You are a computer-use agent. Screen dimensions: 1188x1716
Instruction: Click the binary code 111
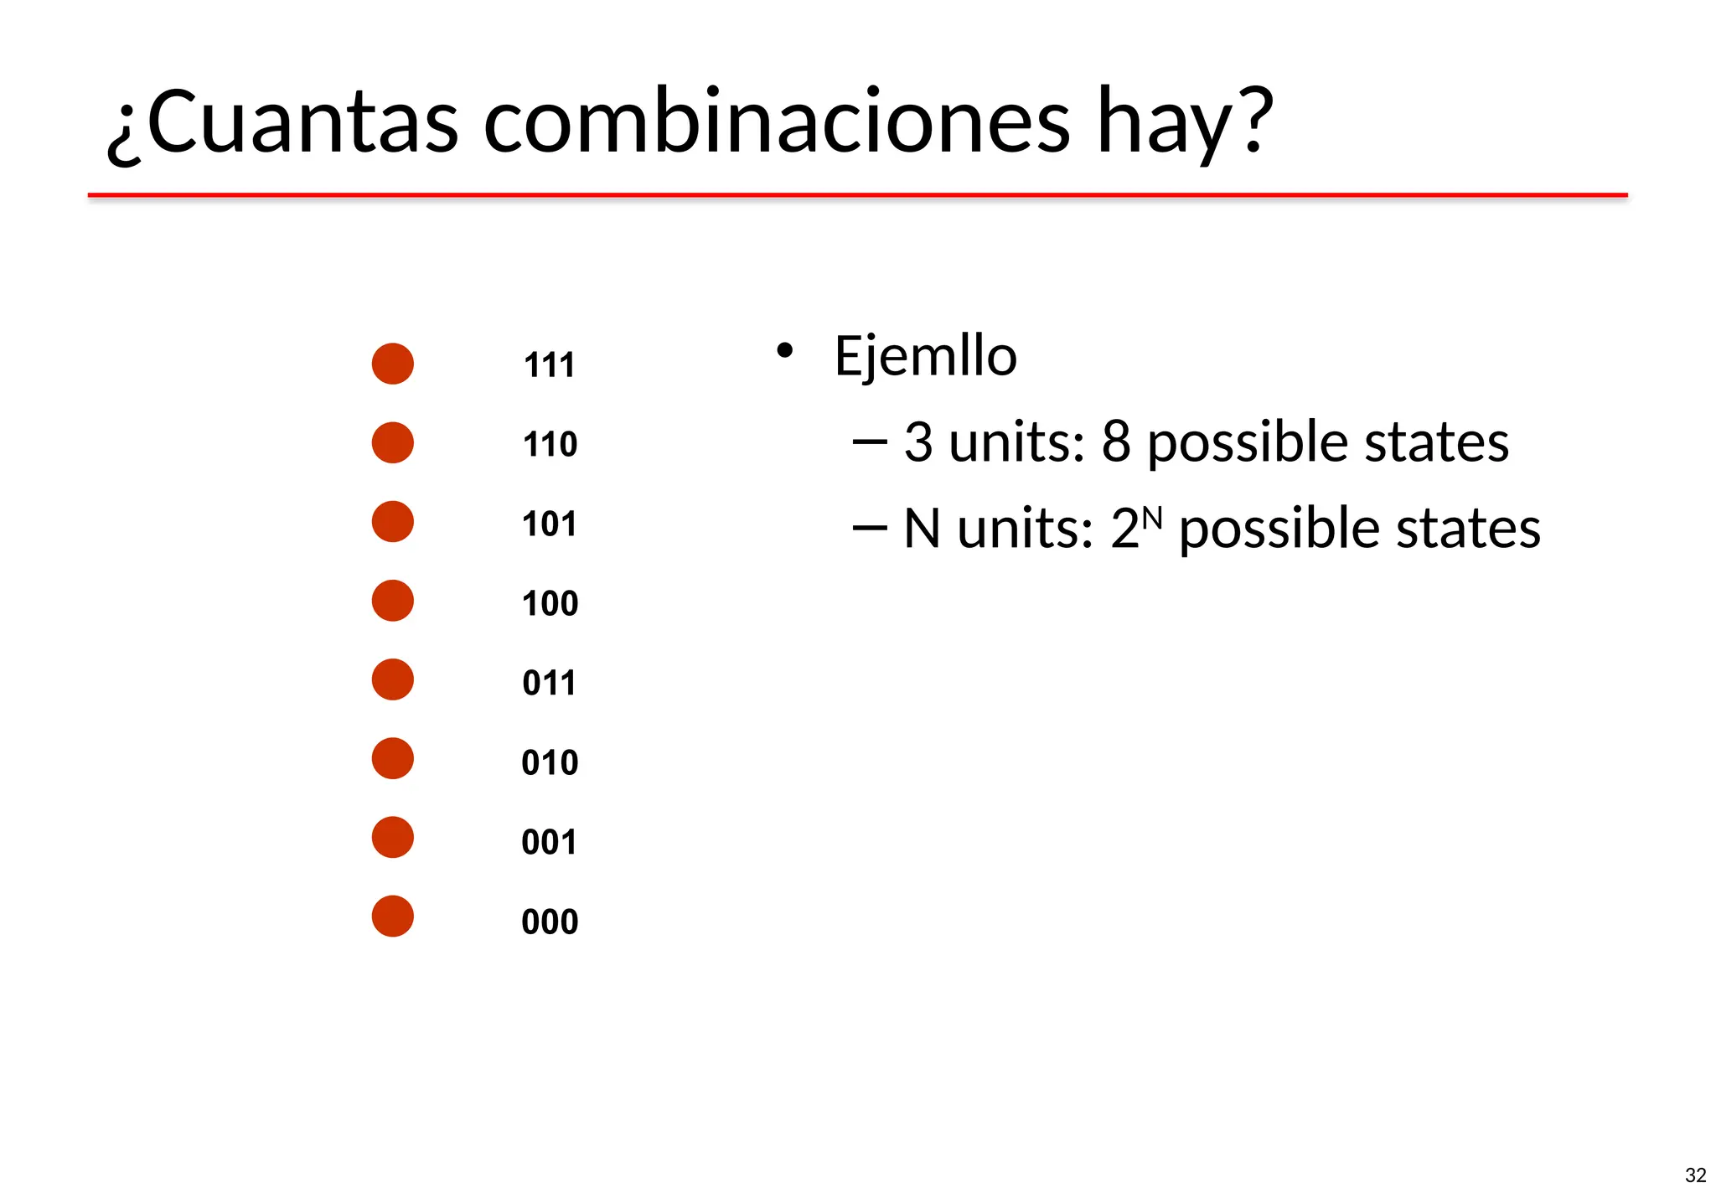pos(549,365)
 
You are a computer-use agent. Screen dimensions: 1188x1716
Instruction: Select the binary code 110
pos(550,444)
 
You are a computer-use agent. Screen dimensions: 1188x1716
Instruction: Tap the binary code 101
pos(549,524)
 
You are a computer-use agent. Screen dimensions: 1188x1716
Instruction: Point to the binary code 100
pos(550,603)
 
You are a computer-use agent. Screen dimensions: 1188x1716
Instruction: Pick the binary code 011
pos(549,683)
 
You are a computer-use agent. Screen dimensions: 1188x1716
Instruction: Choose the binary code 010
pos(550,762)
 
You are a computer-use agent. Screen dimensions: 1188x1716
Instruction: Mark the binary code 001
pos(549,842)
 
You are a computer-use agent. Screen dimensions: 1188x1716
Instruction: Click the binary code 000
pos(550,922)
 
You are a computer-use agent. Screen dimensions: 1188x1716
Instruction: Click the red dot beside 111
pos(392,364)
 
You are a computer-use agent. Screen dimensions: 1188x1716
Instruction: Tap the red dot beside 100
pos(392,601)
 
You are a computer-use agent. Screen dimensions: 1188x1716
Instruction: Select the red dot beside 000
pos(392,916)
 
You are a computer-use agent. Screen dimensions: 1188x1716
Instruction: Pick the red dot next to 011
pos(392,679)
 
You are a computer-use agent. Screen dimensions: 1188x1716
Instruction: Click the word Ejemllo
pos(925,356)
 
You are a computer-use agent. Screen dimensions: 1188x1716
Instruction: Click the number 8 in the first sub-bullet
pos(1115,442)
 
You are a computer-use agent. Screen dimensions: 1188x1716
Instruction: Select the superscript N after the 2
pos(1152,519)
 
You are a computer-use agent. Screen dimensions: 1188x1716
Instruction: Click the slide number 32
pos(1695,1175)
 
